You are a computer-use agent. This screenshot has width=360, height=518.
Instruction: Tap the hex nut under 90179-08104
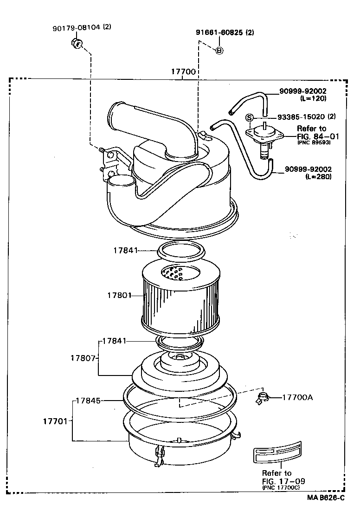point(77,44)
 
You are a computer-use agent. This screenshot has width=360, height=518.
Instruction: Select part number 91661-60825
point(219,32)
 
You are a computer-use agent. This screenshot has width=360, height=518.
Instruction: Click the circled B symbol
point(220,50)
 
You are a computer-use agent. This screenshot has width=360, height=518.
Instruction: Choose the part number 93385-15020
point(302,117)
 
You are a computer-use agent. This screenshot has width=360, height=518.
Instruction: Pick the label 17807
point(83,358)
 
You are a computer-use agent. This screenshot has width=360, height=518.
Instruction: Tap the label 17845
point(89,400)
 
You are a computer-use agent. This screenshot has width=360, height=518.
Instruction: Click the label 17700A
point(297,397)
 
